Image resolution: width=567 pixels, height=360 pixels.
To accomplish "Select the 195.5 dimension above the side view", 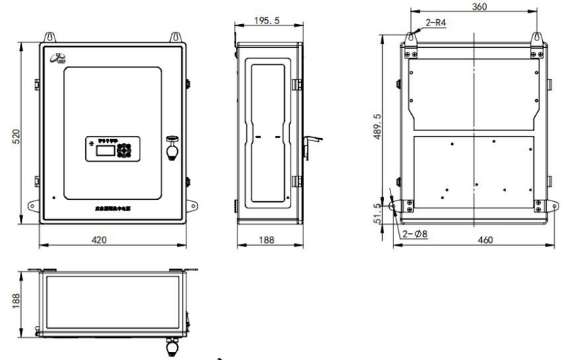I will (x=266, y=21).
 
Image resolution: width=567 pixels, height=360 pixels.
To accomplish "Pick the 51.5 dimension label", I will (x=377, y=213).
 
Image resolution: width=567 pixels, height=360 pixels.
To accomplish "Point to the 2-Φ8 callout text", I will (x=415, y=233).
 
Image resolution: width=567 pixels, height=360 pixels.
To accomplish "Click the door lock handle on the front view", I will (x=172, y=150).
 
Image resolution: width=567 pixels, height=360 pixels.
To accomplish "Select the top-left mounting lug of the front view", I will (x=50, y=36).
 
